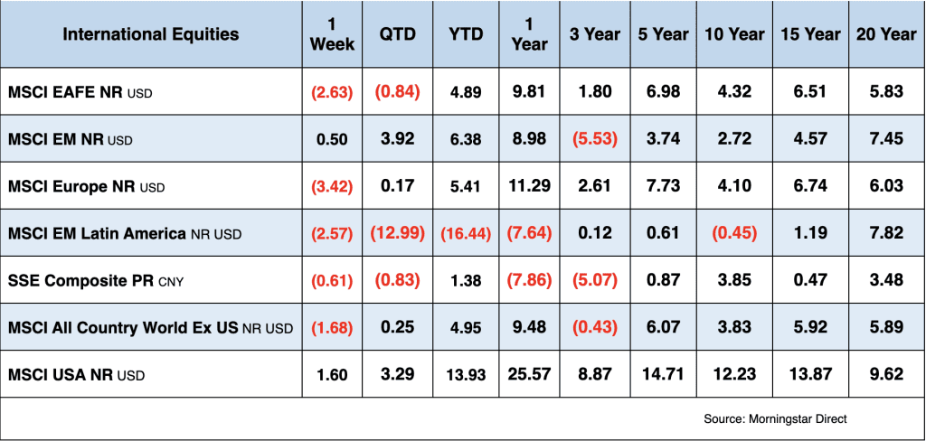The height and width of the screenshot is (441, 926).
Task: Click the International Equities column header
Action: click(151, 34)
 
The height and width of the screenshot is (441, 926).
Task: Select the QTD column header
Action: click(398, 34)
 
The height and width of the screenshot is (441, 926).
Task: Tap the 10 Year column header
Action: click(733, 34)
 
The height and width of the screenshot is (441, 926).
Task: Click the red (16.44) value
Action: click(466, 233)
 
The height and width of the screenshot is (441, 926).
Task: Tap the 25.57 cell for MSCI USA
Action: click(528, 374)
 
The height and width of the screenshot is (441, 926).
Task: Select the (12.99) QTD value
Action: click(398, 233)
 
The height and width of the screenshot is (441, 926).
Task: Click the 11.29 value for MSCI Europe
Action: click(528, 186)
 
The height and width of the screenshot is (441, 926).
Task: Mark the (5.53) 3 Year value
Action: click(594, 139)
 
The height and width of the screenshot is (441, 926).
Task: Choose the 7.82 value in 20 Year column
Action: click(885, 233)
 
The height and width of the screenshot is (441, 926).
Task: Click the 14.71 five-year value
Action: click(664, 374)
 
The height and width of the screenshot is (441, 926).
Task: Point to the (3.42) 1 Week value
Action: click(332, 186)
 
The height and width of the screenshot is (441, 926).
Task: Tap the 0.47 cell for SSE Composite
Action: click(809, 280)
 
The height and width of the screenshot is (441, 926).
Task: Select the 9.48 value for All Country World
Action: click(528, 327)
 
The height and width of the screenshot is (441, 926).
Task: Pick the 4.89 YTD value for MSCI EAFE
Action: click(466, 92)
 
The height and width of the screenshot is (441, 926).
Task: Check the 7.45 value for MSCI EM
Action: click(885, 139)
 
